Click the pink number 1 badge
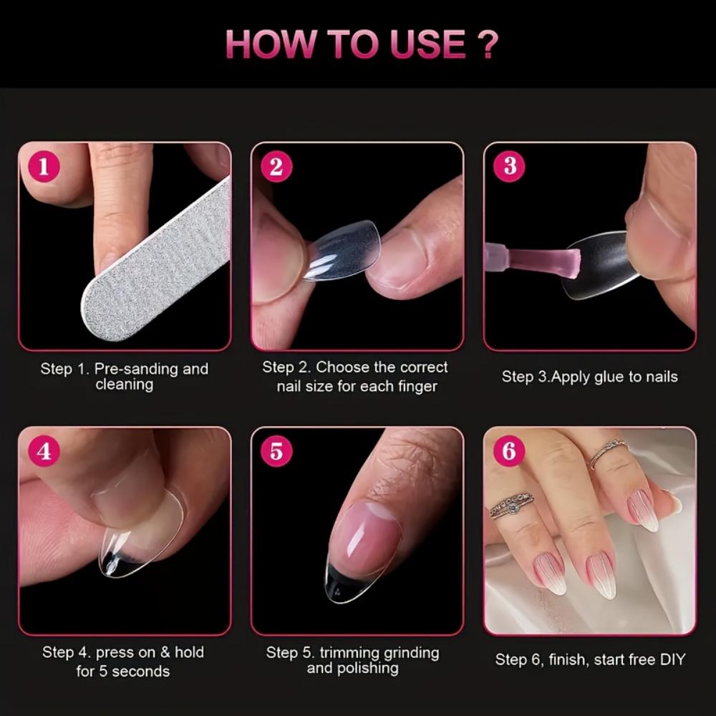[44, 168]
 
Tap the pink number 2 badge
[276, 168]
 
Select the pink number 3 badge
[510, 166]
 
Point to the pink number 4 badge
[44, 452]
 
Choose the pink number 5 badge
[276, 452]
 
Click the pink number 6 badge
[510, 451]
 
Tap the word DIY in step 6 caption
[669, 659]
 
